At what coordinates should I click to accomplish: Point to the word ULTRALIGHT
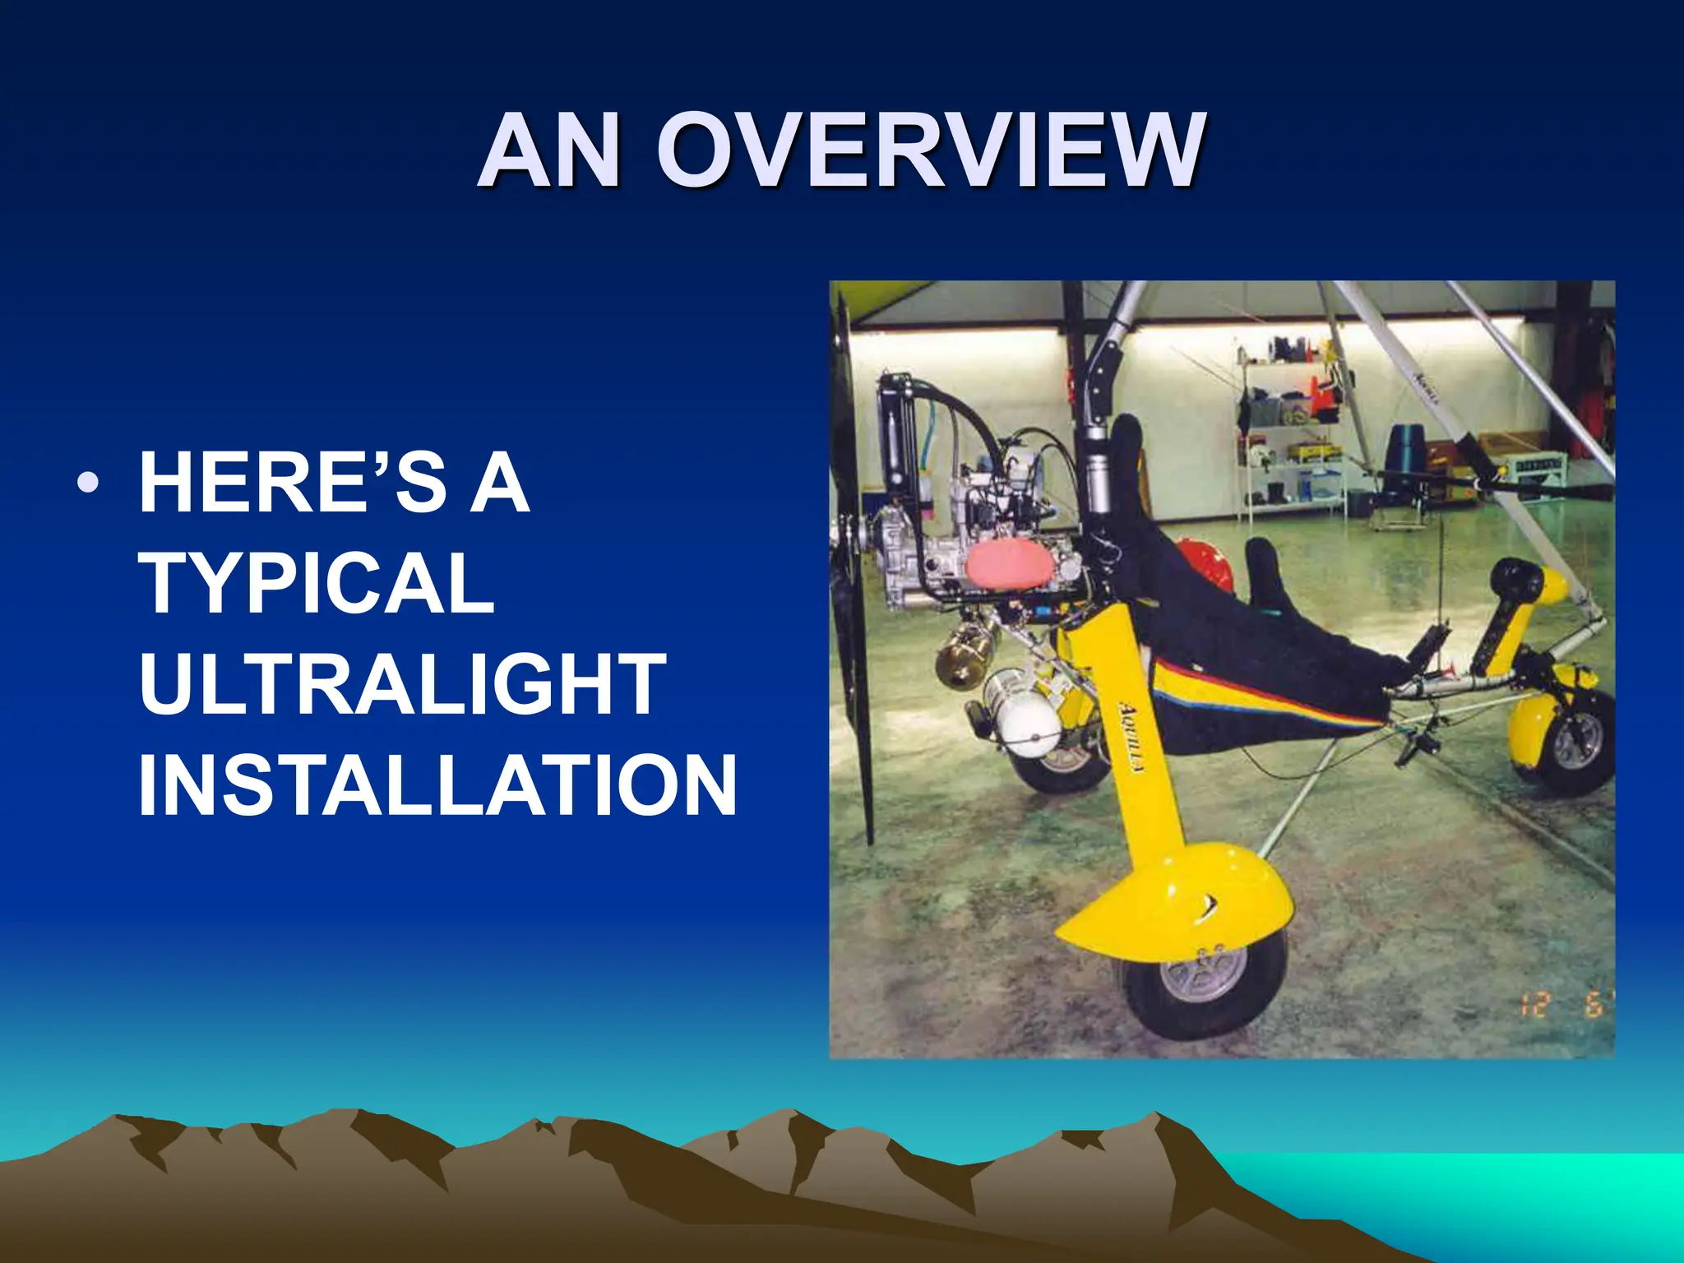tap(402, 684)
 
